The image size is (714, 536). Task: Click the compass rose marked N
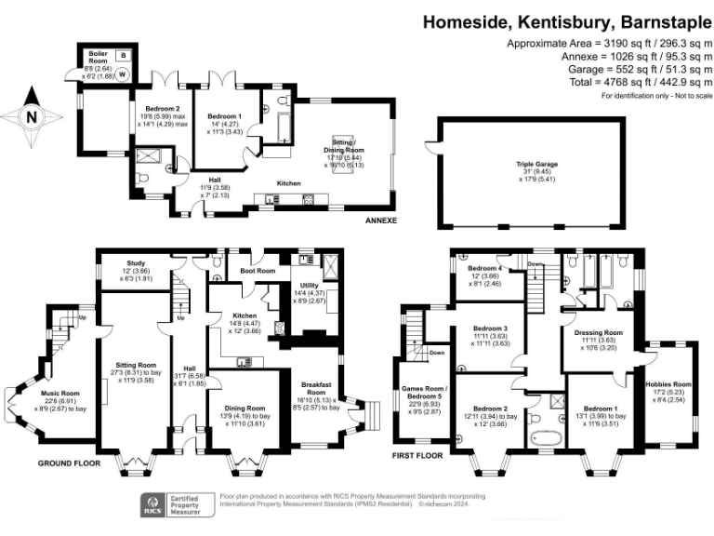pos(33,117)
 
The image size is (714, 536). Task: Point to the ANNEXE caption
pos(380,221)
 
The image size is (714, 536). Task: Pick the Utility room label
pos(310,286)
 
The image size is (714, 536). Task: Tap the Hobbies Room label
pos(670,383)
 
